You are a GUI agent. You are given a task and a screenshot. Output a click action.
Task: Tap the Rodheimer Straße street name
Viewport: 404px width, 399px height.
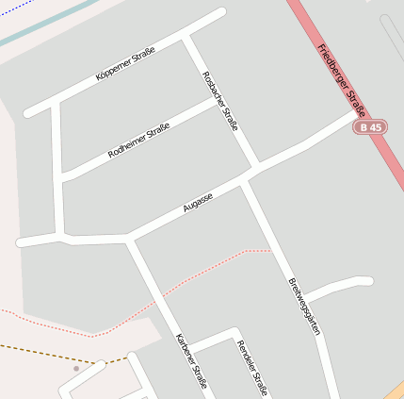click(x=138, y=140)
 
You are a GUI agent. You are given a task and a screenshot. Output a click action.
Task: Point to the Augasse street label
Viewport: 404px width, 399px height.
click(x=198, y=201)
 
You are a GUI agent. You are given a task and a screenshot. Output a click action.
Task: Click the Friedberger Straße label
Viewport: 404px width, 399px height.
click(x=341, y=76)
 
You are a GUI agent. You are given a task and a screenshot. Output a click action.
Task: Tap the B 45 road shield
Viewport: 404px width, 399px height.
click(x=370, y=126)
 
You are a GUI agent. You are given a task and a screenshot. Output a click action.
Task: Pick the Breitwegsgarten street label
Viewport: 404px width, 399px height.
click(x=303, y=307)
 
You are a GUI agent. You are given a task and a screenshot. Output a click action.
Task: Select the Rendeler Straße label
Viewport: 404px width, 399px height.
click(x=252, y=367)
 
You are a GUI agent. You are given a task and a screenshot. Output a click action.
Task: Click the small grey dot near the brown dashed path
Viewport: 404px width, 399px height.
click(x=76, y=369)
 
